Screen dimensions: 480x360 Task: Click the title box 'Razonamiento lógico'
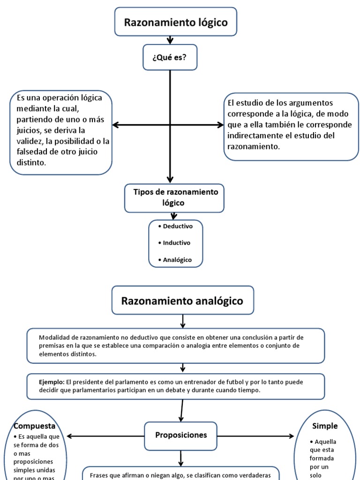(x=175, y=22)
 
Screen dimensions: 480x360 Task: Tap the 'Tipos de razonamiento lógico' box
(x=176, y=197)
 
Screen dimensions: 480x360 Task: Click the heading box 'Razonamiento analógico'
(x=182, y=300)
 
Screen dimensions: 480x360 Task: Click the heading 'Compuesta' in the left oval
(x=35, y=426)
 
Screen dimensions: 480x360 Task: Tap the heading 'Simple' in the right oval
(x=325, y=426)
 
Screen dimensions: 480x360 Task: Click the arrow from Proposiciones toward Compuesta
(x=105, y=436)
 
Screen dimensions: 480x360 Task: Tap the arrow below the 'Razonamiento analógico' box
(x=183, y=321)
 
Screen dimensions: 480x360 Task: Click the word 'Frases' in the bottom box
(x=100, y=474)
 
